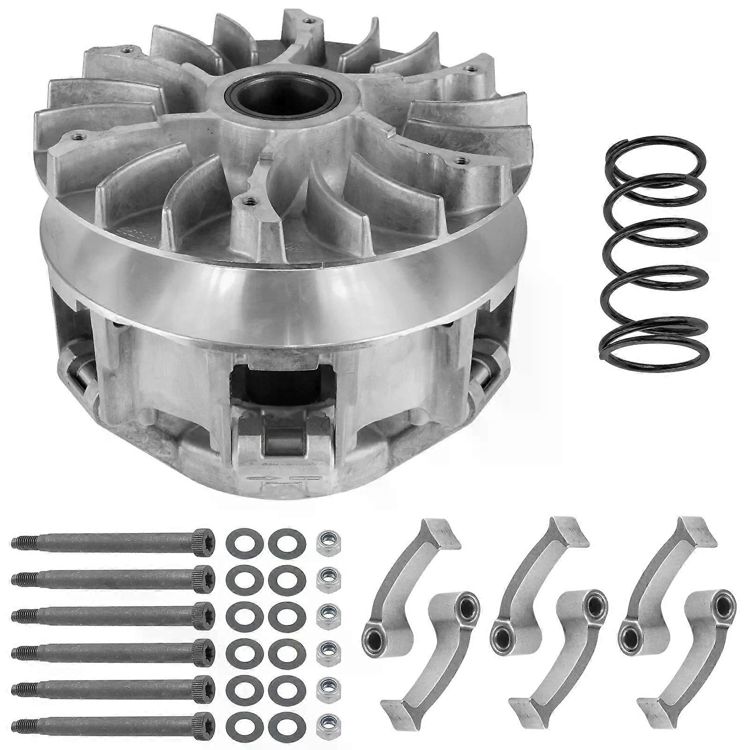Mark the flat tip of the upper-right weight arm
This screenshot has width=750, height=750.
click(698, 532)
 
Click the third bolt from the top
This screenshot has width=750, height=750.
click(112, 612)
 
